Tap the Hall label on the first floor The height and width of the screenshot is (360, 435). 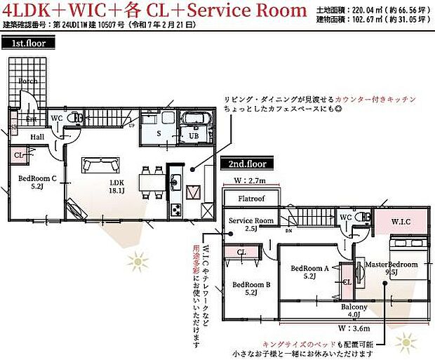pyautogui.click(x=36, y=137)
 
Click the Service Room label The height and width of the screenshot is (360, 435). pyautogui.click(x=250, y=224)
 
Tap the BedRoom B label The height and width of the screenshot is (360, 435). pyautogui.click(x=250, y=288)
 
